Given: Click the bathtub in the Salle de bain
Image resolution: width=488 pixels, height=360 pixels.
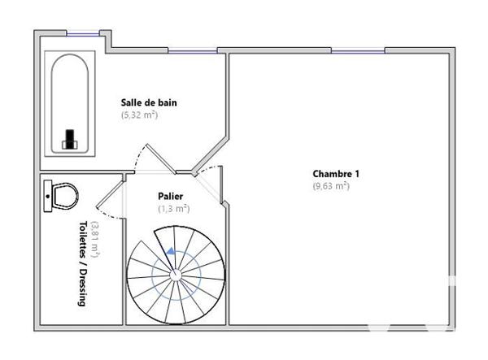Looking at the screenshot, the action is pyautogui.click(x=70, y=103).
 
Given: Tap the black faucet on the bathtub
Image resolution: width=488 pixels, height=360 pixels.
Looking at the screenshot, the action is pyautogui.click(x=70, y=139).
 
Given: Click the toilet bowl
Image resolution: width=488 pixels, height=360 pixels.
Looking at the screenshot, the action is pyautogui.click(x=65, y=196).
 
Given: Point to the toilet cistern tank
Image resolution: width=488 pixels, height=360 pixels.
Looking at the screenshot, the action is pyautogui.click(x=48, y=196).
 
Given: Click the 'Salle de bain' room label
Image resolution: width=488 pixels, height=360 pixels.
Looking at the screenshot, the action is pyautogui.click(x=149, y=102).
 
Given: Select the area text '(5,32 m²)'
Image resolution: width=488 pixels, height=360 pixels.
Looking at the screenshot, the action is pyautogui.click(x=139, y=115).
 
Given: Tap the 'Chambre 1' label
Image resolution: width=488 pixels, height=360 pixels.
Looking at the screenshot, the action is pyautogui.click(x=336, y=174).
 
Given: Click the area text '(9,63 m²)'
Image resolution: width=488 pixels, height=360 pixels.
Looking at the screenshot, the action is pyautogui.click(x=331, y=186).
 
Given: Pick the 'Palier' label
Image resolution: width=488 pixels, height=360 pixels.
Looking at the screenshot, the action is pyautogui.click(x=171, y=197).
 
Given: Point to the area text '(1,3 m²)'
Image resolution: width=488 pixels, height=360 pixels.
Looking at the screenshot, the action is pyautogui.click(x=174, y=209).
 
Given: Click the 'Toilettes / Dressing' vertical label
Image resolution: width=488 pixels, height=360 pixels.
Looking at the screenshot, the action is pyautogui.click(x=82, y=263).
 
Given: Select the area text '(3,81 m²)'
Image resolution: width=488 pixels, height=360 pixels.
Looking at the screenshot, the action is pyautogui.click(x=95, y=240).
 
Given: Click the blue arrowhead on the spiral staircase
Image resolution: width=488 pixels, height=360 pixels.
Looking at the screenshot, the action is pyautogui.click(x=170, y=251).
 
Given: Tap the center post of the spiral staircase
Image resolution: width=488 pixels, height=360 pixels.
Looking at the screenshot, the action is pyautogui.click(x=176, y=275).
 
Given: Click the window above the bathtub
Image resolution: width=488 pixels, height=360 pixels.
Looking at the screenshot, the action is pyautogui.click(x=82, y=33).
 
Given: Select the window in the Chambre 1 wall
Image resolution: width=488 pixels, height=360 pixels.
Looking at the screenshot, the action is pyautogui.click(x=358, y=50).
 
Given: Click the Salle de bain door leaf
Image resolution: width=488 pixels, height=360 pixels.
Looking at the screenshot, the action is pyautogui.click(x=161, y=158).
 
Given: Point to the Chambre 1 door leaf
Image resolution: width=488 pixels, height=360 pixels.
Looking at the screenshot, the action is pyautogui.click(x=220, y=184).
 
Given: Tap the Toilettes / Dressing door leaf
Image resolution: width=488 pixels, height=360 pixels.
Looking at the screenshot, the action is pyautogui.click(x=110, y=194).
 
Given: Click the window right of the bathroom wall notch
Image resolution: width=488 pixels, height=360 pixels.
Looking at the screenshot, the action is pyautogui.click(x=192, y=50).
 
